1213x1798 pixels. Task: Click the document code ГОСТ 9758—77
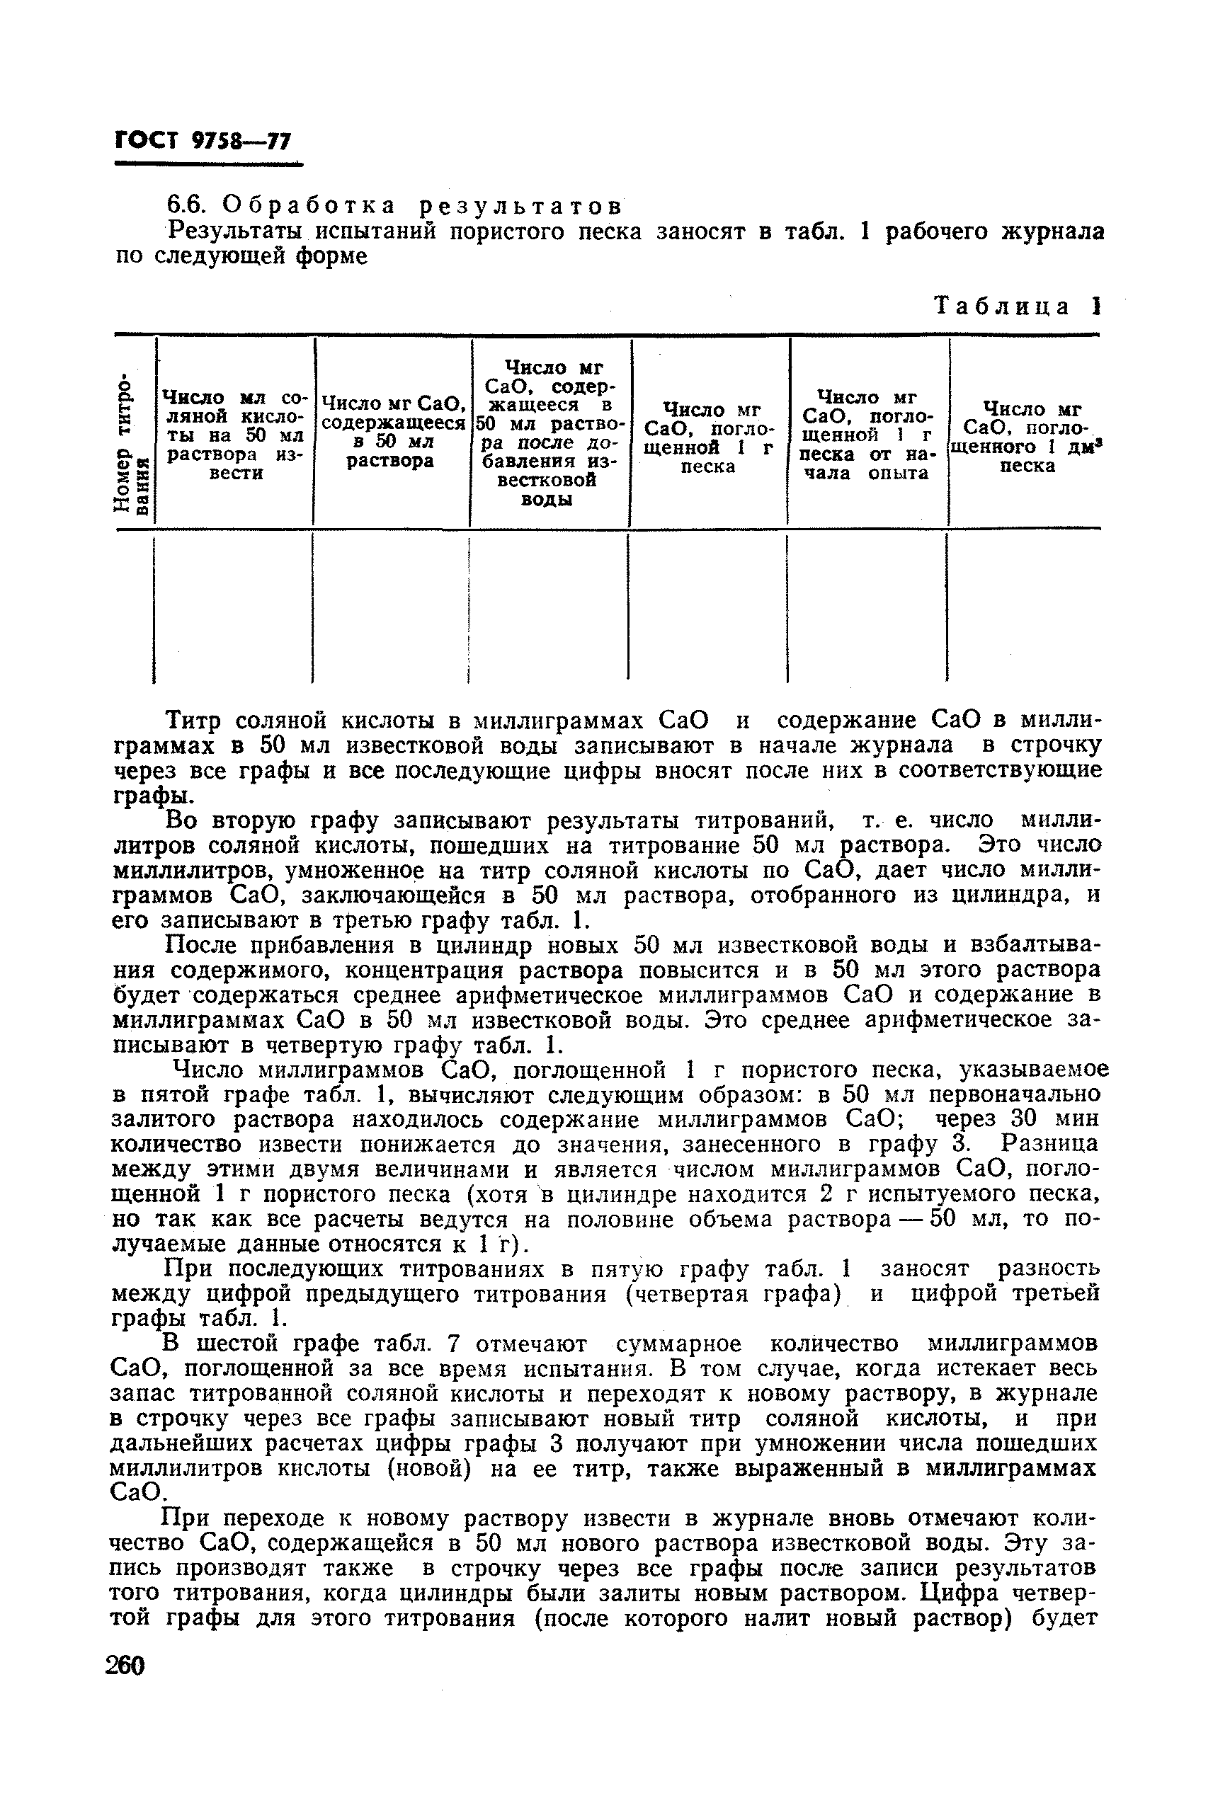[x=203, y=141]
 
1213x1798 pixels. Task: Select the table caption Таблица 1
[x=1018, y=307]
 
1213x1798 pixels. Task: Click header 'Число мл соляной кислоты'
[x=234, y=435]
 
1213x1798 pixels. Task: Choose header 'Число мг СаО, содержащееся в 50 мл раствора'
[x=392, y=432]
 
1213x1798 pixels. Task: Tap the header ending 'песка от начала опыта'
[x=867, y=435]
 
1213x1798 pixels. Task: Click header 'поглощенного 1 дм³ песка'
[x=1026, y=437]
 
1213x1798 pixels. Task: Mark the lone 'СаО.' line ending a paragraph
[x=139, y=1492]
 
